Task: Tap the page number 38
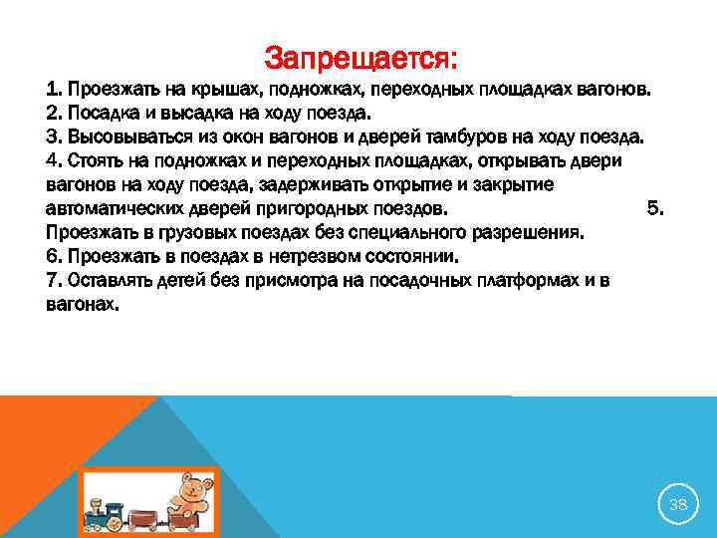pyautogui.click(x=678, y=505)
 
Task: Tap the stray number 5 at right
pyautogui.click(x=654, y=208)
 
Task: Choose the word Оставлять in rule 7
pyautogui.click(x=108, y=281)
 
